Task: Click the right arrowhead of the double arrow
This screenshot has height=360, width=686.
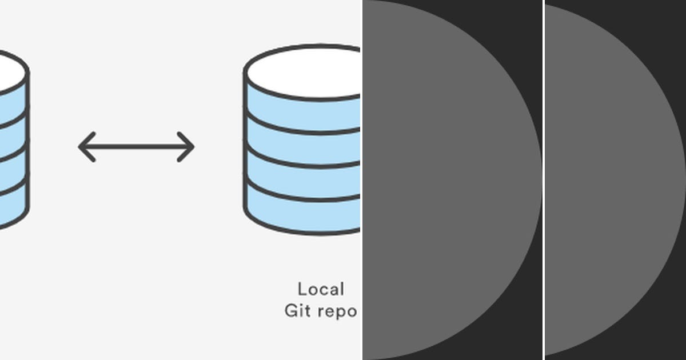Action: (188, 147)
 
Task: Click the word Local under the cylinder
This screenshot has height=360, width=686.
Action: (321, 289)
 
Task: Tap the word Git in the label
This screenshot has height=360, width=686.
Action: (297, 311)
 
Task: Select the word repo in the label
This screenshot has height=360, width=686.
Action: (337, 312)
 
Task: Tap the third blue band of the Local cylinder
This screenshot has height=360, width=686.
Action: (303, 181)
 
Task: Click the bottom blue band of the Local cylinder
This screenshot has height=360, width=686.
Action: (303, 215)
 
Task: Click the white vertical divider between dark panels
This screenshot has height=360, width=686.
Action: (543, 180)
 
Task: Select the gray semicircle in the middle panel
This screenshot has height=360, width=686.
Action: (446, 180)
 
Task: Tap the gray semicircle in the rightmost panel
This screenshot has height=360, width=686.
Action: (606, 180)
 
